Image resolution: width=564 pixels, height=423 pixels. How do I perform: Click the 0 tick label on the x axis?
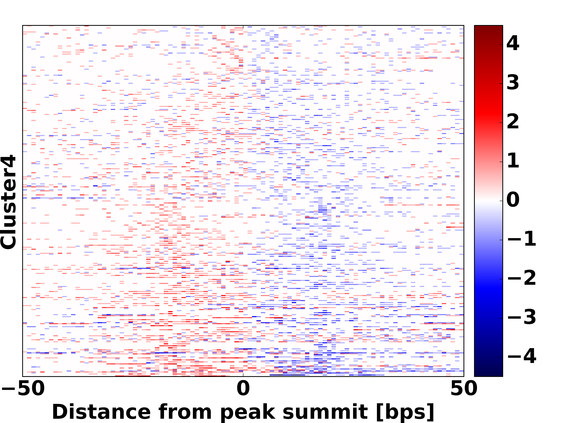(243, 389)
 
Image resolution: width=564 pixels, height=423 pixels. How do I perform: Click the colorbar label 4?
(513, 43)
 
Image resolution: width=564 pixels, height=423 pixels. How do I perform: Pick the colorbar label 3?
(513, 83)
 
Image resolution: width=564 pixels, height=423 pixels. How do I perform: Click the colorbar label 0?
(513, 200)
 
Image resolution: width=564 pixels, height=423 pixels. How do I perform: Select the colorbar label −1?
(522, 239)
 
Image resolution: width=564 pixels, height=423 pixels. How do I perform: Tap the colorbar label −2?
(522, 278)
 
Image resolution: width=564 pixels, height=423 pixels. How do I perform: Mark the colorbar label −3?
(522, 317)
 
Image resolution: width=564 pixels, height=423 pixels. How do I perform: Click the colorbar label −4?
(522, 356)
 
